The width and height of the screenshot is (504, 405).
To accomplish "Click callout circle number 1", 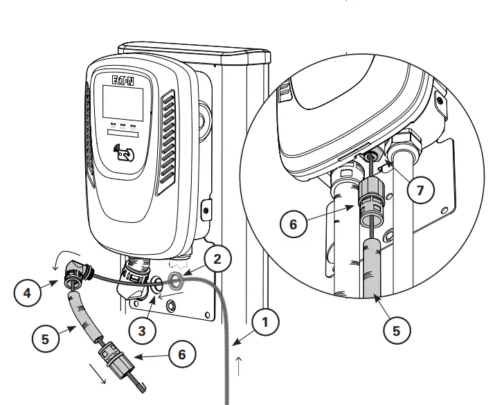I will [266, 322].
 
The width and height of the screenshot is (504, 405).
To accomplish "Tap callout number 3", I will [142, 330].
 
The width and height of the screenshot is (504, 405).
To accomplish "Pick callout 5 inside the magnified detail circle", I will [396, 330].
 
